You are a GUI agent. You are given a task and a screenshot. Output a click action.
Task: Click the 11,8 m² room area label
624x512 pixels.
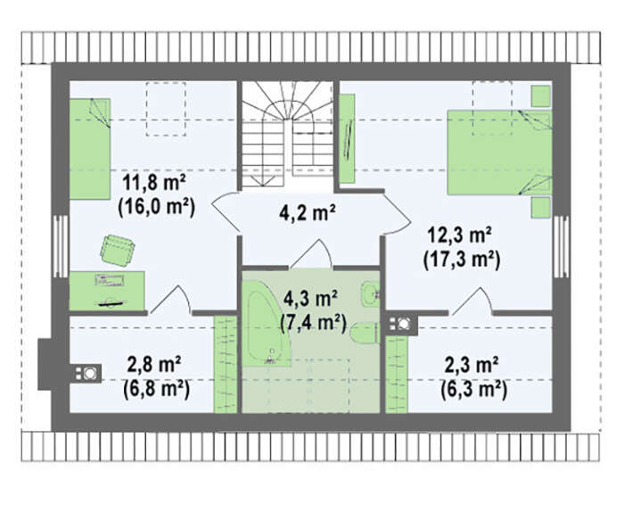[x=154, y=184]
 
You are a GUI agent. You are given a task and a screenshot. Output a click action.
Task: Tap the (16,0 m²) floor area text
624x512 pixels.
[x=156, y=208]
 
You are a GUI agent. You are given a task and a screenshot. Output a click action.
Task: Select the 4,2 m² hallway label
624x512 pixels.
[x=307, y=213]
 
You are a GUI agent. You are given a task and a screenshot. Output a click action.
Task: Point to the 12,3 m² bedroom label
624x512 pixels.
[x=458, y=235]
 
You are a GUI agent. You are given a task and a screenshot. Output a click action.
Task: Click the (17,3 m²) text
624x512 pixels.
[x=462, y=260]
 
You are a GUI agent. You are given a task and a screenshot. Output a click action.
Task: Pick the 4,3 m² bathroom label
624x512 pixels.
[x=310, y=299]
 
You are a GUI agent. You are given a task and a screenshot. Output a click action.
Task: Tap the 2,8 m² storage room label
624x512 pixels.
[x=154, y=364]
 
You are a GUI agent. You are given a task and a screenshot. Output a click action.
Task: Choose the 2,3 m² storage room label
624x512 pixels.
[x=472, y=365]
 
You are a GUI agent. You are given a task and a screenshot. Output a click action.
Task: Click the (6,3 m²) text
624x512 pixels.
[x=474, y=389]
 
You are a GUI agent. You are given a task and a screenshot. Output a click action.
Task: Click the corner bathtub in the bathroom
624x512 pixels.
[x=264, y=324]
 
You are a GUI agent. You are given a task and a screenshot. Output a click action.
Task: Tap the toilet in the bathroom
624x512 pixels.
[x=364, y=333]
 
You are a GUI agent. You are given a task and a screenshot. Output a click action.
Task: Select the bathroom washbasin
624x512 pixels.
[x=371, y=293]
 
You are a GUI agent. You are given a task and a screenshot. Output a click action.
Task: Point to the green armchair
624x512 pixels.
[x=118, y=250]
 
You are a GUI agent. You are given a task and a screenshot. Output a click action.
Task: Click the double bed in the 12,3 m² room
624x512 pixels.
[x=499, y=153]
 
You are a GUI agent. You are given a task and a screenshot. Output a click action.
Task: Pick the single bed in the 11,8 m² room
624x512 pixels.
[x=90, y=149]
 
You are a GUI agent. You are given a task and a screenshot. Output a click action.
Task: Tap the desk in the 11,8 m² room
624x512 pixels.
[x=107, y=291]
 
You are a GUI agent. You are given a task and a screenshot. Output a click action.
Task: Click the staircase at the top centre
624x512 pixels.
[x=288, y=134]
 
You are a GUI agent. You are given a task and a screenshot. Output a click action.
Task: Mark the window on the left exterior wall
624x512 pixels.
[x=61, y=246]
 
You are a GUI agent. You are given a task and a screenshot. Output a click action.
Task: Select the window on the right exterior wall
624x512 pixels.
[x=561, y=246]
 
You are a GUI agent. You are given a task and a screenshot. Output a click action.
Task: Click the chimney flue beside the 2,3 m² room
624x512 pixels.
[x=401, y=325]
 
